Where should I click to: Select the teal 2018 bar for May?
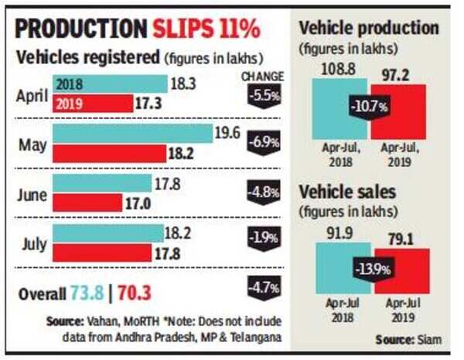point(132,134)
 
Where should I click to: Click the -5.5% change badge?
point(261,97)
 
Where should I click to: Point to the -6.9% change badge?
point(261,144)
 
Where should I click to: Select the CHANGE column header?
point(262,76)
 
